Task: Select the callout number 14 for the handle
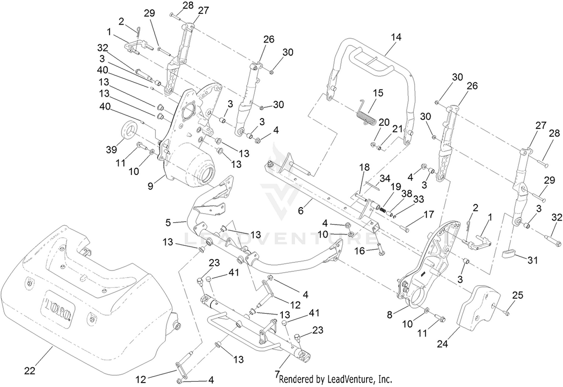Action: (x=396, y=38)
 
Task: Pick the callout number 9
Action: (x=150, y=187)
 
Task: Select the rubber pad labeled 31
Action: (x=508, y=254)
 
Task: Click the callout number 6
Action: (x=301, y=210)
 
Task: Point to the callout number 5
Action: (x=168, y=222)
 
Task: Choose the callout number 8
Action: (x=390, y=315)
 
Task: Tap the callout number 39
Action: (x=111, y=150)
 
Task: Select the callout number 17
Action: (x=429, y=214)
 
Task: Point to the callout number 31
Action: (x=532, y=261)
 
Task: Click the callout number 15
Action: (x=378, y=93)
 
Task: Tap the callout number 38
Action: (x=406, y=194)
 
